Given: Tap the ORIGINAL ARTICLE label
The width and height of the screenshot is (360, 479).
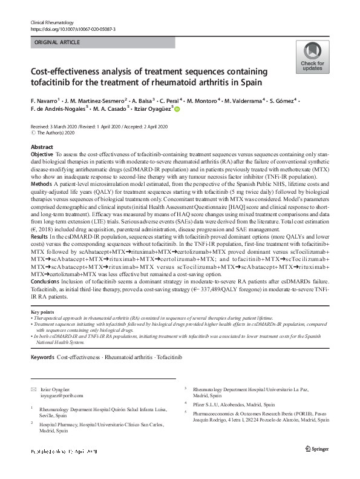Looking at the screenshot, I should point(57,42).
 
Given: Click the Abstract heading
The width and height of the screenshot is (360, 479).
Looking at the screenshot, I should point(42,147).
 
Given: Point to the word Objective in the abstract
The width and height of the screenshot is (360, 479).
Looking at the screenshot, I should point(42,156).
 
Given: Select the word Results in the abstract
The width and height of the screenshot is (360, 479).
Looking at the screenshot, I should point(40,236).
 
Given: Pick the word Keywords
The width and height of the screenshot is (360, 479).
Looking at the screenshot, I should point(42,358).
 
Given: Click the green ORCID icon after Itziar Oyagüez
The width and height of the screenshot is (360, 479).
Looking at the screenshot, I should point(178,109).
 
